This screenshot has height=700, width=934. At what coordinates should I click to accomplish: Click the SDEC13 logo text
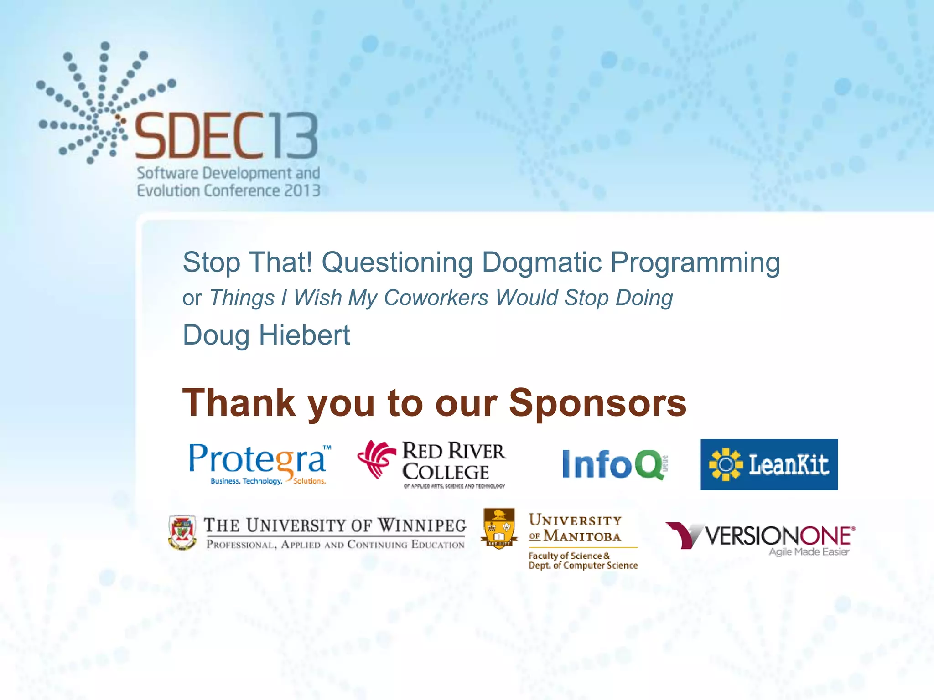(x=226, y=136)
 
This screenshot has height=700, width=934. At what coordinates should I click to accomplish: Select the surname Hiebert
(x=304, y=335)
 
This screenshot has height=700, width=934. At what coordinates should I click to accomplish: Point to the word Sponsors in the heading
(x=597, y=403)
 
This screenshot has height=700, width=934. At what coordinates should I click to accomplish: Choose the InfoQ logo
(x=613, y=464)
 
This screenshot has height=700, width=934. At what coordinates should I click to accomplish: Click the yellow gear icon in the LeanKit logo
(x=726, y=464)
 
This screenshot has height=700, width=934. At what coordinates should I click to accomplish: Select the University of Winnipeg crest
(x=182, y=532)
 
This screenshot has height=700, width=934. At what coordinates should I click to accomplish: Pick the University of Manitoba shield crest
(x=499, y=529)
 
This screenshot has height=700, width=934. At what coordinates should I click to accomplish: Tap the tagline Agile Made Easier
(x=809, y=552)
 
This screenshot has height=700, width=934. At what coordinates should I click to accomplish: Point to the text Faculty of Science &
(x=569, y=556)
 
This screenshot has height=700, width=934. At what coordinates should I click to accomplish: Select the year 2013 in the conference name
(x=302, y=190)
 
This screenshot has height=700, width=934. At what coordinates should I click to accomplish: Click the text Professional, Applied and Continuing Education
(x=335, y=545)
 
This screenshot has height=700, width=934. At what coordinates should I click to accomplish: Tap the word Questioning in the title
(x=397, y=263)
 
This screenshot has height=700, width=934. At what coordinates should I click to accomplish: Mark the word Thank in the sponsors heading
(x=239, y=403)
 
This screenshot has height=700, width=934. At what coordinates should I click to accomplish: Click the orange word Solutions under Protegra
(x=309, y=481)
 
